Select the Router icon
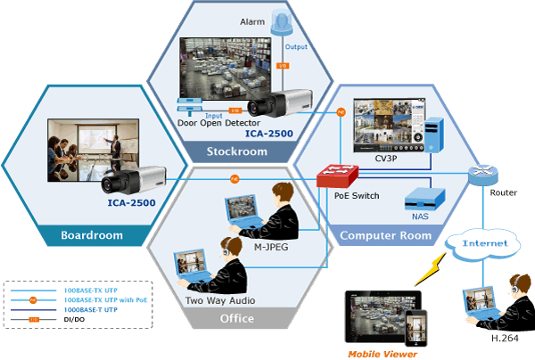[484, 174]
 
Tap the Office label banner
[236, 317]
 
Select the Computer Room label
[385, 235]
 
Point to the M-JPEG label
[274, 247]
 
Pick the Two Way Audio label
[219, 300]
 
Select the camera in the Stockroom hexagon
[276, 105]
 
